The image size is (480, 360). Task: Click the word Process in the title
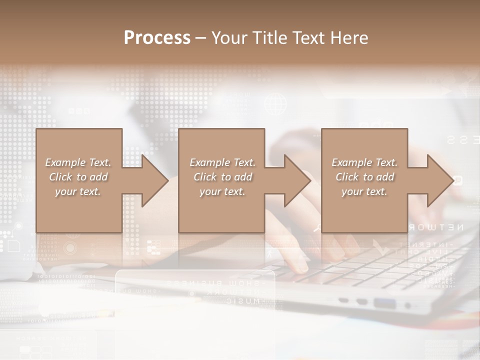tap(157, 37)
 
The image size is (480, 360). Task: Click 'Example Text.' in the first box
tap(78, 162)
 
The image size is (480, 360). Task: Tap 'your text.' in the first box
tap(78, 191)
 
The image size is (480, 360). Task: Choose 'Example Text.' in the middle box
tap(222, 162)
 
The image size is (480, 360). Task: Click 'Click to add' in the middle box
tap(222, 177)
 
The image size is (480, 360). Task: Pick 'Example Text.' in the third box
tap(364, 162)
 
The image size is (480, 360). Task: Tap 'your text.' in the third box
tap(364, 191)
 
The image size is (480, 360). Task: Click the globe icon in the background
tap(276, 104)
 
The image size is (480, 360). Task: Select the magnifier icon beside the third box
tap(317, 228)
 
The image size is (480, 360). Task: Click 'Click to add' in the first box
tap(78, 177)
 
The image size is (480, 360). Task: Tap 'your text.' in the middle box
tap(222, 191)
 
